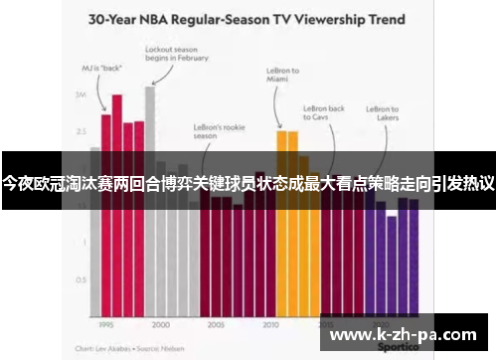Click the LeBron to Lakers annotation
click(383, 114)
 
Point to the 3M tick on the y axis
click(81, 94)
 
